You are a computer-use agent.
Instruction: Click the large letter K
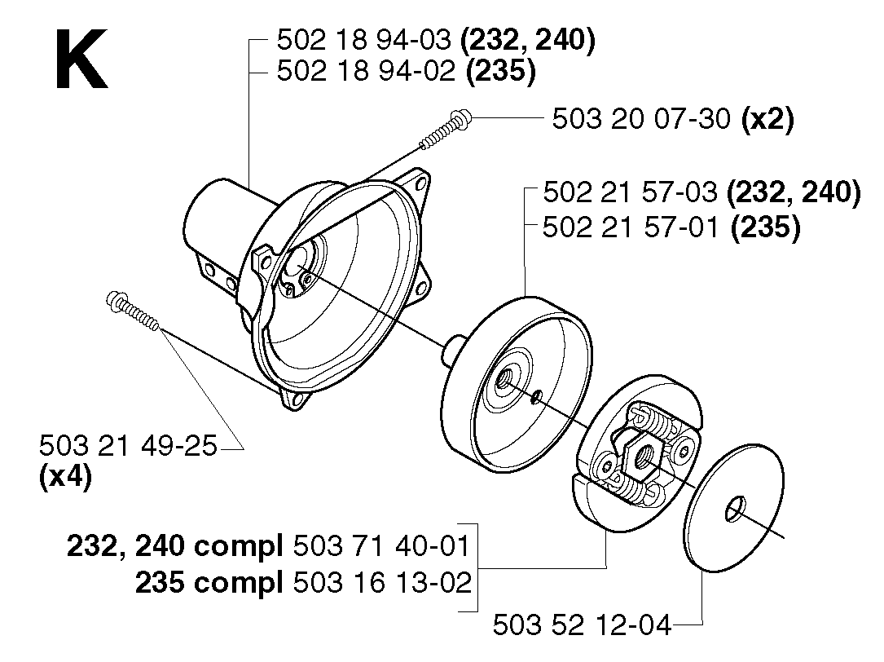click(x=81, y=60)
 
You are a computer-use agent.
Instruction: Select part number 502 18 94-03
click(x=363, y=40)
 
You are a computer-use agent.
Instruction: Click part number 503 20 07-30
click(x=641, y=119)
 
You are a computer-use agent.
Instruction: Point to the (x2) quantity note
click(x=767, y=120)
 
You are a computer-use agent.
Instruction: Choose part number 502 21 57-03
click(x=629, y=192)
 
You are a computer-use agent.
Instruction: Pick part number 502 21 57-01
click(x=631, y=228)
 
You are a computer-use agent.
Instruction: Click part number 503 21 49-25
click(x=128, y=446)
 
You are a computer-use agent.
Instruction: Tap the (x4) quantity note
click(x=65, y=478)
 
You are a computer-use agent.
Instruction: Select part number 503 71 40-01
click(x=381, y=546)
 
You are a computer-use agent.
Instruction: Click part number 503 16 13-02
click(x=382, y=582)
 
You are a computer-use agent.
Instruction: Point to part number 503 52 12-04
click(x=582, y=625)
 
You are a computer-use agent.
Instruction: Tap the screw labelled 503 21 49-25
click(x=133, y=310)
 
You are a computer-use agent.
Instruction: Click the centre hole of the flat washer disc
click(x=734, y=508)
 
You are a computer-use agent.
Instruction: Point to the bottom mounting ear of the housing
click(x=295, y=397)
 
